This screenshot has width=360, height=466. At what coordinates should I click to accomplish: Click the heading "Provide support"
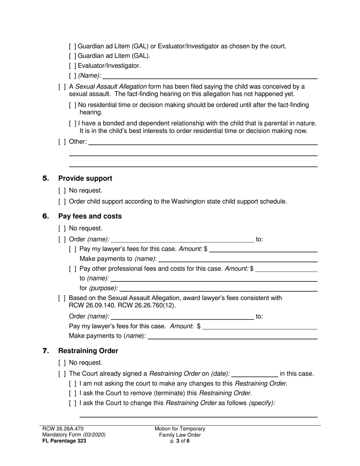85,178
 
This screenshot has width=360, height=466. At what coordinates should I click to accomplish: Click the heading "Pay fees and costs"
90,216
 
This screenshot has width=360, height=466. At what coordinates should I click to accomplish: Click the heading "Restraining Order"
88,351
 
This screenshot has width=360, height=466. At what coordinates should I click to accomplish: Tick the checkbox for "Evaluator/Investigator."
73,66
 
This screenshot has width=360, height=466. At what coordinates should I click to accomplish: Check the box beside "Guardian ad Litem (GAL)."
73,56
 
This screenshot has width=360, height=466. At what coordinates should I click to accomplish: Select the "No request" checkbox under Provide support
62,191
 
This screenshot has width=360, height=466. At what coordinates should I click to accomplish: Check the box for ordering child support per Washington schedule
62,202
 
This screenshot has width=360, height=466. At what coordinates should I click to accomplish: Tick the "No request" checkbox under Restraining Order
62,363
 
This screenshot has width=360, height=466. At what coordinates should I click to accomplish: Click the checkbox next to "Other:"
62,142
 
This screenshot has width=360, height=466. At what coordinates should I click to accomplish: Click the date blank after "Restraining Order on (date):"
254,374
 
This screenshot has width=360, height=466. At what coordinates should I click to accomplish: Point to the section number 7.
46,351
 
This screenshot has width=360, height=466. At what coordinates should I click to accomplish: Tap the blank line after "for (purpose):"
218,289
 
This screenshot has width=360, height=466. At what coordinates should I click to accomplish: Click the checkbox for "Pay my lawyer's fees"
73,249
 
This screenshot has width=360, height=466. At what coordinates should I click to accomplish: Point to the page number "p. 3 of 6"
180,441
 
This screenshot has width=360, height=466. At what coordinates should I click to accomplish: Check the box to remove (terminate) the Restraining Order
73,393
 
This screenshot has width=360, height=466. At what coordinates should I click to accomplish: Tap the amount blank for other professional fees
286,269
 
